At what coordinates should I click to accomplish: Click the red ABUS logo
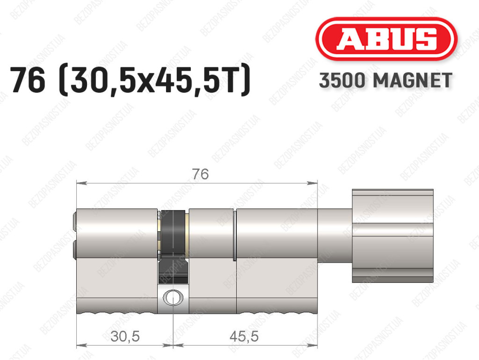click(386, 39)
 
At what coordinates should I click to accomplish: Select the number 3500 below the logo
click(342, 81)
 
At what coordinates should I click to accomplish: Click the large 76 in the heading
click(28, 80)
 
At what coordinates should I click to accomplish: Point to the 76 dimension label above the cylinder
click(200, 174)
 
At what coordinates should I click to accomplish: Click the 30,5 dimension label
click(125, 337)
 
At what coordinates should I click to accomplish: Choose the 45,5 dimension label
click(244, 337)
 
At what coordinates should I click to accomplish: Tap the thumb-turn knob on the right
click(392, 235)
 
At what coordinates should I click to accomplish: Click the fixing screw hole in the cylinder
click(173, 297)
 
